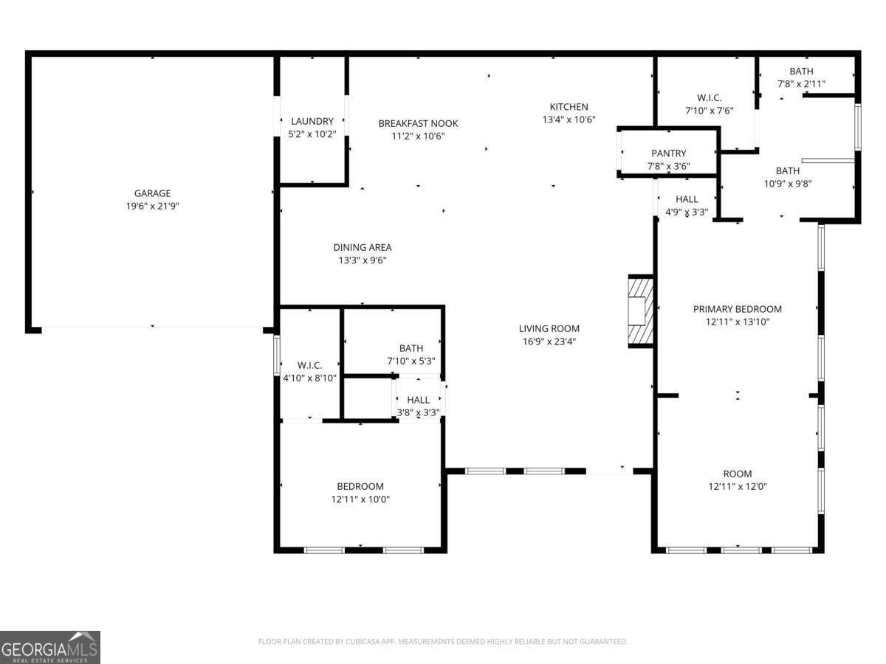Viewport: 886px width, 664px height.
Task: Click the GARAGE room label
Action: click(x=152, y=193)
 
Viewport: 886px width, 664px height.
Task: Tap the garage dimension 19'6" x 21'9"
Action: click(x=152, y=207)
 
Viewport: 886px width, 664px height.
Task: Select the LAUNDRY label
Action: click(x=312, y=121)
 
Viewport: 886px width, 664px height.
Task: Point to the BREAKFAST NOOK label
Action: click(x=418, y=123)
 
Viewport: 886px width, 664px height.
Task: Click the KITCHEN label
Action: click(x=569, y=106)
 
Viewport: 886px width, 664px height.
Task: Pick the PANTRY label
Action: click(x=668, y=153)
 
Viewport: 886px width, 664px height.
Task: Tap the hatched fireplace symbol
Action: click(x=640, y=311)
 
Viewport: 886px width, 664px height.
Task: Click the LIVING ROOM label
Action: click(x=549, y=328)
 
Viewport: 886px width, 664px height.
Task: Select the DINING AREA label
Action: click(x=362, y=247)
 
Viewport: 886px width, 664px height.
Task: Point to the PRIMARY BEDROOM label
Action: click(x=737, y=309)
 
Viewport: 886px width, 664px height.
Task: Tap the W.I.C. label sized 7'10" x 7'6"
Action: click(x=709, y=98)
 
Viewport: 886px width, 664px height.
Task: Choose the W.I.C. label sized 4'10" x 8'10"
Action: click(x=309, y=365)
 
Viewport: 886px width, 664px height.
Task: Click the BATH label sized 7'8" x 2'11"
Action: click(x=801, y=72)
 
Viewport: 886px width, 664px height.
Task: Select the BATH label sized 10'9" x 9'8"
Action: click(x=787, y=171)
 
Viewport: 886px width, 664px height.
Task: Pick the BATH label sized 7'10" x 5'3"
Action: click(x=411, y=348)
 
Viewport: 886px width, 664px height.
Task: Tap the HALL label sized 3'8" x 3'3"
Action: click(x=418, y=400)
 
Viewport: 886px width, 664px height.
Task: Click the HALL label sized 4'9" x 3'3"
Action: click(x=687, y=199)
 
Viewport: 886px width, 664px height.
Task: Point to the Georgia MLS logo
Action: click(x=49, y=647)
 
